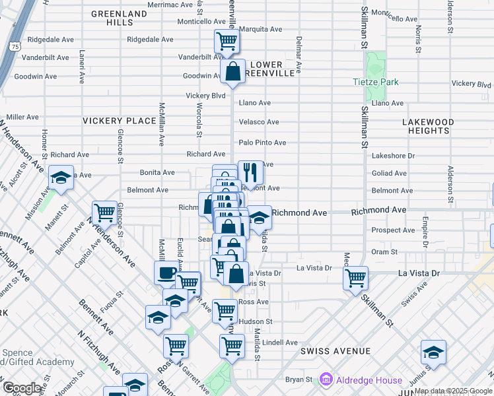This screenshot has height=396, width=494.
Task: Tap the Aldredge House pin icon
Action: click(325, 379)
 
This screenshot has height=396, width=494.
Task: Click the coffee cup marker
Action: click(166, 272)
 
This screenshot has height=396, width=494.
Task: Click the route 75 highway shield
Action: click(15, 46)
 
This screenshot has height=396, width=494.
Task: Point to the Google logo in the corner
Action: click(21, 388)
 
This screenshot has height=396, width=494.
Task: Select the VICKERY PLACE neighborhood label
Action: click(119, 121)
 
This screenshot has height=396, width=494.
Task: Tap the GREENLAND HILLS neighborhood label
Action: click(119, 18)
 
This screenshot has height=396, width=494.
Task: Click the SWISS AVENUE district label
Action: click(335, 351)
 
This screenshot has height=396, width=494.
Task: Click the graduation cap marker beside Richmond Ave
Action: click(260, 216)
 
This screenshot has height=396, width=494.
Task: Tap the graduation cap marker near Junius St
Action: click(433, 352)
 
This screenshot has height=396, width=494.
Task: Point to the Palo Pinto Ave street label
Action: click(262, 143)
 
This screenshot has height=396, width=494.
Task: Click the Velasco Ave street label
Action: click(259, 122)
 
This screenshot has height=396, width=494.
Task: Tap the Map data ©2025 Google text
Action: click(452, 391)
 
